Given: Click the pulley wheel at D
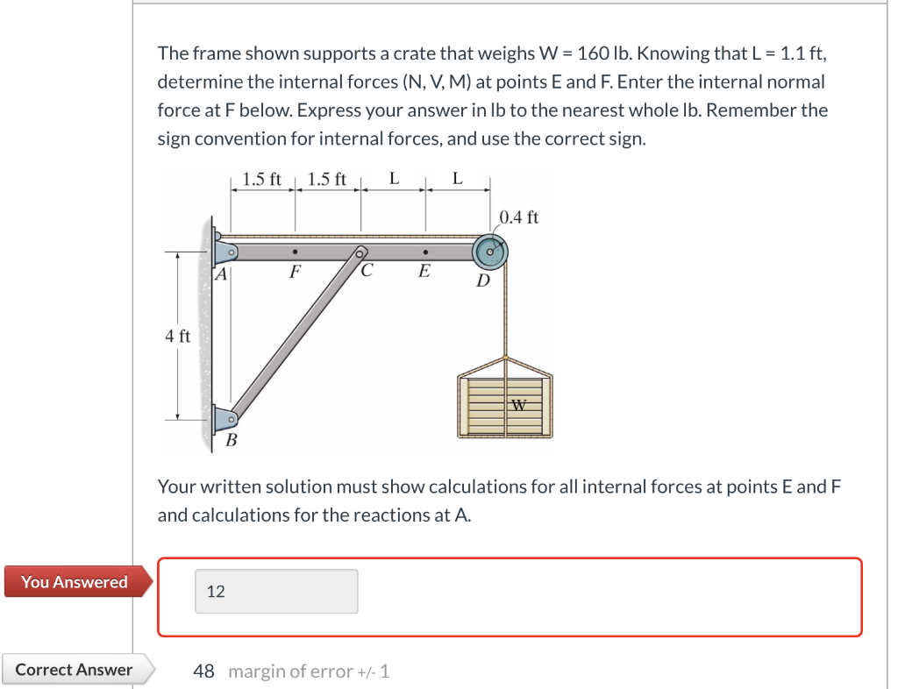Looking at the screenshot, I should [491, 252].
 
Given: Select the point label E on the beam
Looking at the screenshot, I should [424, 272].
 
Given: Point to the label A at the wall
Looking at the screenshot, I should [222, 274].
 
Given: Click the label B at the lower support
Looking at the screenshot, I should [232, 440].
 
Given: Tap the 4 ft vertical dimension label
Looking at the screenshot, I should [177, 336].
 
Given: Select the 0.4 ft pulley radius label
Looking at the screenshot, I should [519, 217].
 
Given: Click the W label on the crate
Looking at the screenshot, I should [519, 405].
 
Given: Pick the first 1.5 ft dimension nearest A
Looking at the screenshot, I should [261, 180].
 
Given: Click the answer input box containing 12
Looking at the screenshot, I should [275, 592].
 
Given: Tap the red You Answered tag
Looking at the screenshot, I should [75, 582].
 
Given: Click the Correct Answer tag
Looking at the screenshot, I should [75, 670].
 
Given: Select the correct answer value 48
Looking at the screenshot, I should [203, 671].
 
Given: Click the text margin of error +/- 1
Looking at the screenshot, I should [309, 671].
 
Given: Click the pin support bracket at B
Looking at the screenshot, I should [224, 422].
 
